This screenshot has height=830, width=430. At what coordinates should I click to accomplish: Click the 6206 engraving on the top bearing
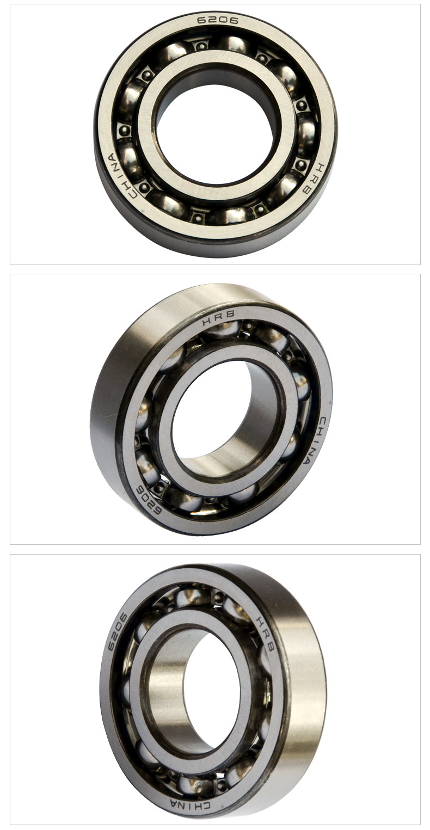[x=217, y=20]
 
